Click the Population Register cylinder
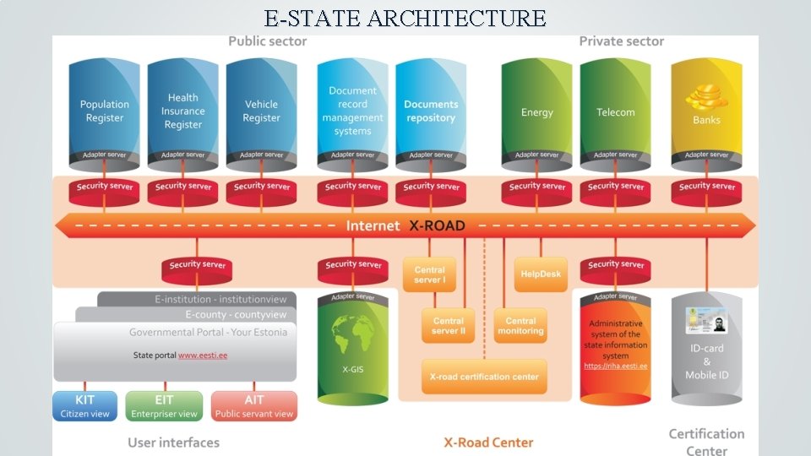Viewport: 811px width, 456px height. pyautogui.click(x=105, y=111)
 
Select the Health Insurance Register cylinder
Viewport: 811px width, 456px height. pyautogui.click(x=183, y=111)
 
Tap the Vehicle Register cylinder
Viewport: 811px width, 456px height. pyautogui.click(x=262, y=111)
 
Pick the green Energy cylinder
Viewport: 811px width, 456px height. pyautogui.click(x=537, y=112)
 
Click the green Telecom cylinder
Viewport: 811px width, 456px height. pyautogui.click(x=616, y=112)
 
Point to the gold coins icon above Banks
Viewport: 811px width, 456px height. pyautogui.click(x=706, y=98)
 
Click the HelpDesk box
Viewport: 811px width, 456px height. pyautogui.click(x=541, y=274)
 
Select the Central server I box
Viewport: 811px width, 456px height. pyautogui.click(x=430, y=274)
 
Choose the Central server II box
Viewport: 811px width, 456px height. pyautogui.click(x=449, y=325)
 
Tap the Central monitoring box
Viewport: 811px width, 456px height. pyautogui.click(x=520, y=325)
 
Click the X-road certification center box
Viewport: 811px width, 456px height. pyautogui.click(x=484, y=377)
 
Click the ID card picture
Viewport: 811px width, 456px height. pyautogui.click(x=706, y=322)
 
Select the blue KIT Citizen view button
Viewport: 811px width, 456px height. pyautogui.click(x=85, y=406)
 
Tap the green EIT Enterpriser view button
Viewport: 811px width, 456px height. pyautogui.click(x=164, y=406)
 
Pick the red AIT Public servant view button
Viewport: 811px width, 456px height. pyautogui.click(x=254, y=406)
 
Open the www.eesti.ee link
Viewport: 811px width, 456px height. pyautogui.click(x=203, y=356)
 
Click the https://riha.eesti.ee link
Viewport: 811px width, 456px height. pyautogui.click(x=616, y=366)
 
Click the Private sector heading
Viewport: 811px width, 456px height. pyautogui.click(x=621, y=41)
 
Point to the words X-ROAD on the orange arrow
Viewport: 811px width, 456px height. pyautogui.click(x=437, y=226)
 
